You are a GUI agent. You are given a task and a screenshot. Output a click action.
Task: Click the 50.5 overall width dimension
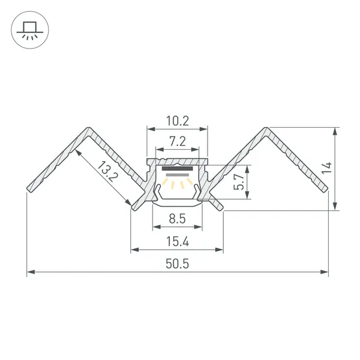177,264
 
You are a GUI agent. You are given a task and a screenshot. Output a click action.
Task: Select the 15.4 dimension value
178,242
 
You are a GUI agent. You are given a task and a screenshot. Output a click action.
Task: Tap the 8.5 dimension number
177,219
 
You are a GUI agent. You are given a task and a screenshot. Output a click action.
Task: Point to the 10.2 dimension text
178,121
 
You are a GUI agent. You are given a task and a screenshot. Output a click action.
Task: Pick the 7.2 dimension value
178,141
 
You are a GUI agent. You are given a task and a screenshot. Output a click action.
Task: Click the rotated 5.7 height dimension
239,182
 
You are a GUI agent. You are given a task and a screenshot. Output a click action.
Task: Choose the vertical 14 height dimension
327,168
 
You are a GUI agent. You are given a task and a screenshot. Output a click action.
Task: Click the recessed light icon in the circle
30,30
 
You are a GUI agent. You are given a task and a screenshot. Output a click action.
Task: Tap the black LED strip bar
177,169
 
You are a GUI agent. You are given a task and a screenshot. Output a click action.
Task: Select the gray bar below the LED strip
177,175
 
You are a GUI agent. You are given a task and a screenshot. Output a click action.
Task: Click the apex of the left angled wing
88,128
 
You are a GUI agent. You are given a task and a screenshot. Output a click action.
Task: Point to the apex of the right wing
266,128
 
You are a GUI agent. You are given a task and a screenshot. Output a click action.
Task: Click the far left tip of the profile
27,189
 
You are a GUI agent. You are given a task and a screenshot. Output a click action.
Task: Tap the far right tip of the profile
328,189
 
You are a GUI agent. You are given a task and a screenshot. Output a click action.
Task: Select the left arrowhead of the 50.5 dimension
30,272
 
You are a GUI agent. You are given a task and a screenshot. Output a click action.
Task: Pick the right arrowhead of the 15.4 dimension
219,250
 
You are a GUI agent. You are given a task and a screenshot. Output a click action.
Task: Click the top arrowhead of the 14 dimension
335,132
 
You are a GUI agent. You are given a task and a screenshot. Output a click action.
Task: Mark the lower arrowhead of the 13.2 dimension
128,202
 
